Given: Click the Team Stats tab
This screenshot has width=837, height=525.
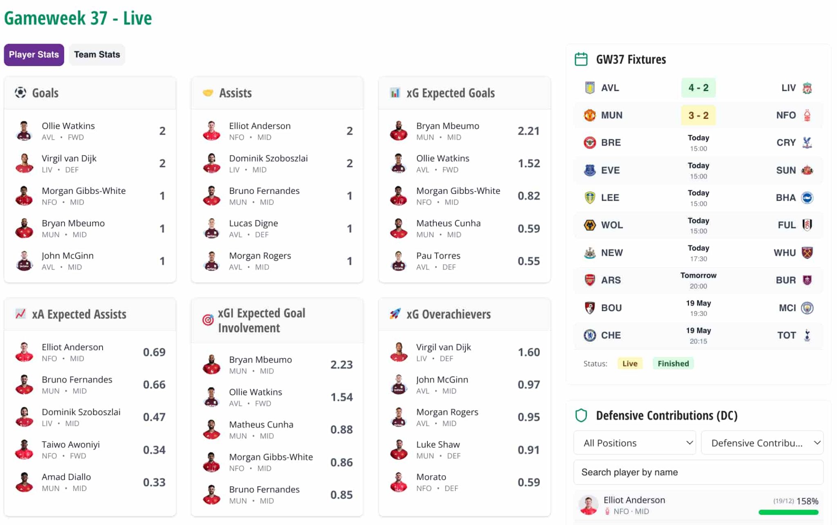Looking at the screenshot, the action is point(97,55).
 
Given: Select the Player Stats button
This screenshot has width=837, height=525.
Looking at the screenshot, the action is point(34,55).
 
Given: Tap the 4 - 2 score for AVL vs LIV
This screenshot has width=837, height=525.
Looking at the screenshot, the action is point(698,88).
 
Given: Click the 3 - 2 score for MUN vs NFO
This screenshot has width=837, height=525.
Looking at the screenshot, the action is point(698,115).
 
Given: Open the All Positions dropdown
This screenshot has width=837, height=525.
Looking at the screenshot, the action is point(634,443).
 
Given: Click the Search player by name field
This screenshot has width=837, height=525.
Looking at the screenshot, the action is point(698,472).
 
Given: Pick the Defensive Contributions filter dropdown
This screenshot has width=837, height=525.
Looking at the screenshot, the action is point(762,443).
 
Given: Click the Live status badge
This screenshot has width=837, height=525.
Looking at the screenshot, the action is point(630,363).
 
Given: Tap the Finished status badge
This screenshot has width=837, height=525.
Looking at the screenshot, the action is point(673,363).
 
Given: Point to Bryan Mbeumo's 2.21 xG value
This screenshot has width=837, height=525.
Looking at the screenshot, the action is point(528,131).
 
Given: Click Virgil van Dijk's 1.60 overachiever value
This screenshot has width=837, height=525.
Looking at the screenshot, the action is point(528,352).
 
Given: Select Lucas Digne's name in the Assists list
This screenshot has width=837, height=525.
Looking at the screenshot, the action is point(253,223).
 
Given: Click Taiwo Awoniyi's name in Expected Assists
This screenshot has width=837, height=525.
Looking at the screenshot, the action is point(71,445).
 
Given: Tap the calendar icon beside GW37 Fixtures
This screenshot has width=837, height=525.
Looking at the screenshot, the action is point(581,59).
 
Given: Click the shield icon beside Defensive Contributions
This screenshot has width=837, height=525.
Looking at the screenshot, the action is point(581,416).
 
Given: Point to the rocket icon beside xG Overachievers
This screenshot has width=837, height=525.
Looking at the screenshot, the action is point(395,314).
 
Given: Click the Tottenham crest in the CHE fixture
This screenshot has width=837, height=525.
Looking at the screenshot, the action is point(807,335).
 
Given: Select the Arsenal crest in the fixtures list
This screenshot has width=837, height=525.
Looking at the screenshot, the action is point(590,280).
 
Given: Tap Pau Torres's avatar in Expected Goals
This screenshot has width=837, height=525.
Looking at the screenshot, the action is point(398,261).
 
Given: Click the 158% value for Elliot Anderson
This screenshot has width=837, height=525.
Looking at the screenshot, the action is point(807,501).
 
